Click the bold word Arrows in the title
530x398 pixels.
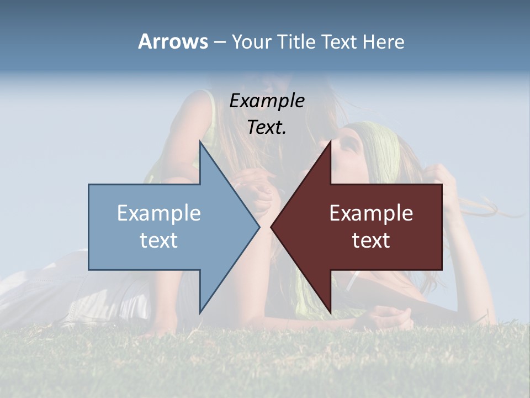coord(173,41)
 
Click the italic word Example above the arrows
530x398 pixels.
coord(267,101)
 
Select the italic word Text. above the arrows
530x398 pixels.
coord(267,127)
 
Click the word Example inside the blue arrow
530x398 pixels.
coord(159,213)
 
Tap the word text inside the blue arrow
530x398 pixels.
coord(159,240)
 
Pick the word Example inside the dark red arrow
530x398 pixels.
coord(371,213)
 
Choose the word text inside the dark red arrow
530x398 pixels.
coord(371,240)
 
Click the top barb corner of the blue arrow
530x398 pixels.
coord(200,142)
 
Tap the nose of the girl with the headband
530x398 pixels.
coord(338,145)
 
